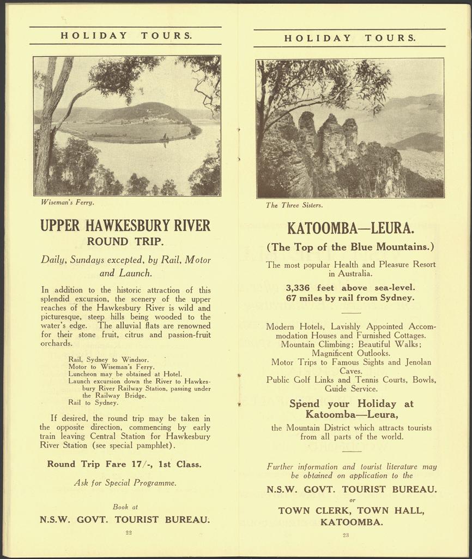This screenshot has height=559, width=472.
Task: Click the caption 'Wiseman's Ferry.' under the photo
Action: pyautogui.click(x=68, y=203)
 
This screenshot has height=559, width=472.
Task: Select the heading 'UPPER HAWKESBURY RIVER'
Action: pyautogui.click(x=125, y=225)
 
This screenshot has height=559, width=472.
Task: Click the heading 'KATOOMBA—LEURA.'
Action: pyautogui.click(x=350, y=227)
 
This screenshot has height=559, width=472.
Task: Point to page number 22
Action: pyautogui.click(x=129, y=532)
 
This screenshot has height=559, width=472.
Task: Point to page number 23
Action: pyautogui.click(x=346, y=535)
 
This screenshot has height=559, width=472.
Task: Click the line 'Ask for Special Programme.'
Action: pyautogui.click(x=125, y=483)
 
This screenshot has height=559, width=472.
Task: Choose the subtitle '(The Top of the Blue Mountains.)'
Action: pyautogui.click(x=350, y=247)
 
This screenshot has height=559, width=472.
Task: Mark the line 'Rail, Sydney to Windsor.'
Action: pyautogui.click(x=108, y=360)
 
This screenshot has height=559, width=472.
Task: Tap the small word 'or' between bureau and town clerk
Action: pyautogui.click(x=352, y=500)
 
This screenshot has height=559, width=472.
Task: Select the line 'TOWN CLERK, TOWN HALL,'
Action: pyautogui.click(x=351, y=510)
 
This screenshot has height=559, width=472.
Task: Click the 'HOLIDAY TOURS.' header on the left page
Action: pyautogui.click(x=126, y=36)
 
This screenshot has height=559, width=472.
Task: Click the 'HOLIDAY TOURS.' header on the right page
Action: pyautogui.click(x=350, y=38)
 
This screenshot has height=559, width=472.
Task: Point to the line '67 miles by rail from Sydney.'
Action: pyautogui.click(x=350, y=298)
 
